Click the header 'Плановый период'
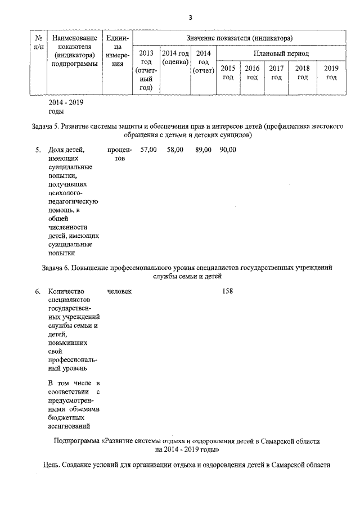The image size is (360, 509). tap(281, 53)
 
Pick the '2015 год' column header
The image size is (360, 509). tap(228, 73)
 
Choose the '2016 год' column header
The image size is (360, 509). tap(252, 73)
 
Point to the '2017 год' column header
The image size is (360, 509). tap(276, 73)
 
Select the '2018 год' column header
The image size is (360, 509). tap(303, 73)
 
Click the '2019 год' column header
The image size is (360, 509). tap(331, 73)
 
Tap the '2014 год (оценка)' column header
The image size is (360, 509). tap(175, 57)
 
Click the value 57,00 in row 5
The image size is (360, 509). tap(148, 150)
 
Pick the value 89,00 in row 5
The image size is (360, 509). tap(203, 150)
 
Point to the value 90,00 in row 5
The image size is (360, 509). tap(228, 150)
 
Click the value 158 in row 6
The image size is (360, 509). tap(227, 291)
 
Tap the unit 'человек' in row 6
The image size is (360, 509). tap(119, 291)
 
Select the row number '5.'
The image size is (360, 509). tap(38, 150)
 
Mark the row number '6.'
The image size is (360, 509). tap(38, 291)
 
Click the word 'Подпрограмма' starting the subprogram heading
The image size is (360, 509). tap(76, 442)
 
